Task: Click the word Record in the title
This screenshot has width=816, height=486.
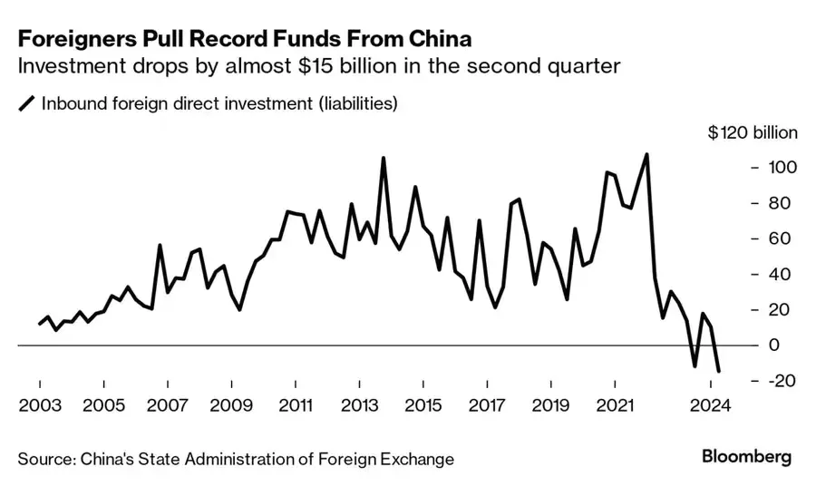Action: pos(228,41)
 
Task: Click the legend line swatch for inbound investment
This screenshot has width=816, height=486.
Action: pos(27,104)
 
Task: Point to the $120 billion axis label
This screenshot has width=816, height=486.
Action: pos(753,132)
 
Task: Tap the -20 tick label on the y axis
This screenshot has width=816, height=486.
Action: pos(782,381)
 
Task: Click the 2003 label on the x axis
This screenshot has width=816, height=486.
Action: pos(39,405)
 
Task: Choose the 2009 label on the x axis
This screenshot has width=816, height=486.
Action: pos(231,405)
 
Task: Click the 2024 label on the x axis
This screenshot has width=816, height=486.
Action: pos(711,405)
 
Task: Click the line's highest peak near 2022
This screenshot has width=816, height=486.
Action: pos(646,154)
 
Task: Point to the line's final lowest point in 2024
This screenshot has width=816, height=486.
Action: pos(719,371)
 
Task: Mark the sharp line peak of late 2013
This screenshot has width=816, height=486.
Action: pos(383,158)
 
